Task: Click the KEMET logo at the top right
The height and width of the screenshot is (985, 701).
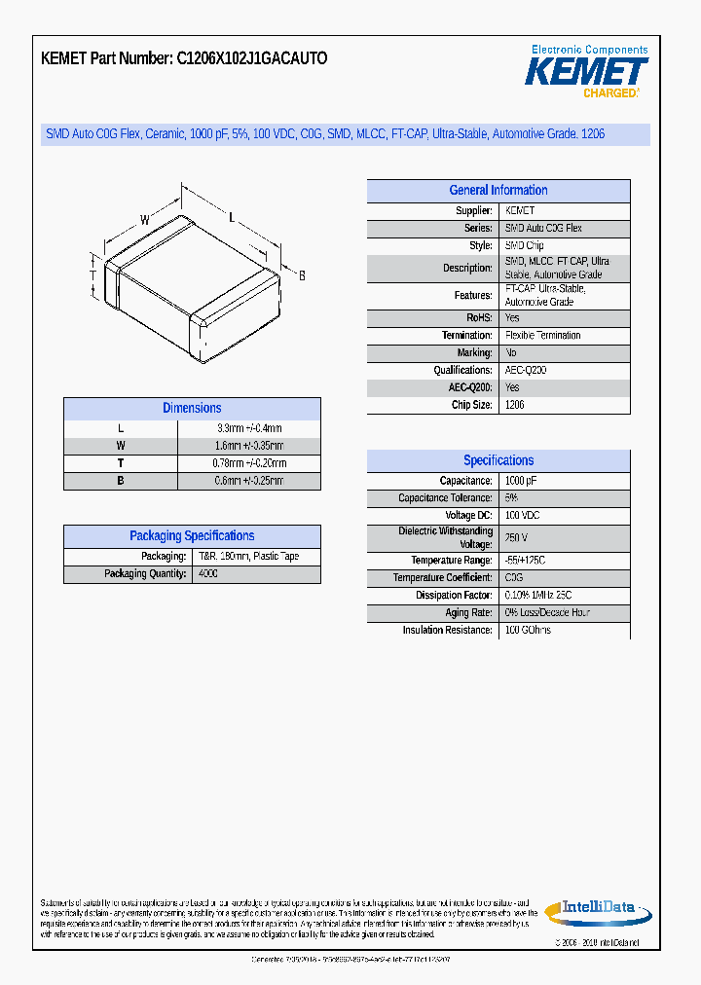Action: [586, 71]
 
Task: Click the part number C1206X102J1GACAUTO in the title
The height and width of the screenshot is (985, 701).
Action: [251, 58]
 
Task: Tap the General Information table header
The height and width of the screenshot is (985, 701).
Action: [498, 191]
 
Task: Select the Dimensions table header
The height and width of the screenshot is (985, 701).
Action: [192, 409]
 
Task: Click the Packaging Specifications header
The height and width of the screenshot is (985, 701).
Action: [192, 536]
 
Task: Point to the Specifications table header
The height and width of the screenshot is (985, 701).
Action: [498, 461]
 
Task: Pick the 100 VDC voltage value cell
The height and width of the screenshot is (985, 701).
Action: [522, 515]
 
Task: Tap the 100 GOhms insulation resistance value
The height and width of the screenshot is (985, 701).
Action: [528, 631]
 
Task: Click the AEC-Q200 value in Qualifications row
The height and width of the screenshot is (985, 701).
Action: [526, 371]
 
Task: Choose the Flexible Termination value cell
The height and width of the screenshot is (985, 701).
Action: [542, 336]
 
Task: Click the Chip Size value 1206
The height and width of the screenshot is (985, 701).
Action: [515, 405]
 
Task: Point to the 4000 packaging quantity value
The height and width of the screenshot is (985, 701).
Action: [208, 574]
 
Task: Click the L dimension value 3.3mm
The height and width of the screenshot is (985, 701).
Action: [248, 428]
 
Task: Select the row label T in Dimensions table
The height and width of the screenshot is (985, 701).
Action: [121, 463]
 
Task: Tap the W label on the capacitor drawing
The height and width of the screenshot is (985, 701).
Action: [144, 221]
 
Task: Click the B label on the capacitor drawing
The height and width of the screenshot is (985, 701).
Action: [302, 276]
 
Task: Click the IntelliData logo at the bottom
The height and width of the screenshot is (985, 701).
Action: [597, 909]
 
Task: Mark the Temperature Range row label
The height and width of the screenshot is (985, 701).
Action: [452, 561]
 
